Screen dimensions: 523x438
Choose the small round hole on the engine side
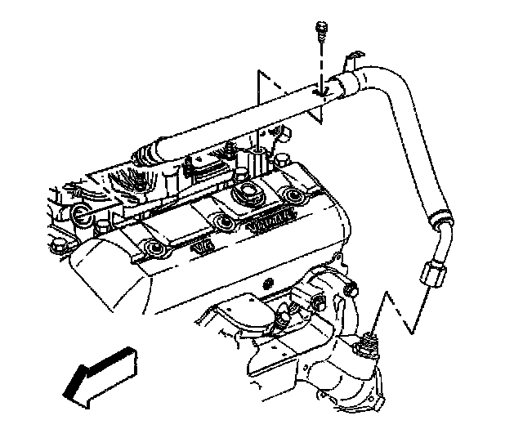pos(267,283)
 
